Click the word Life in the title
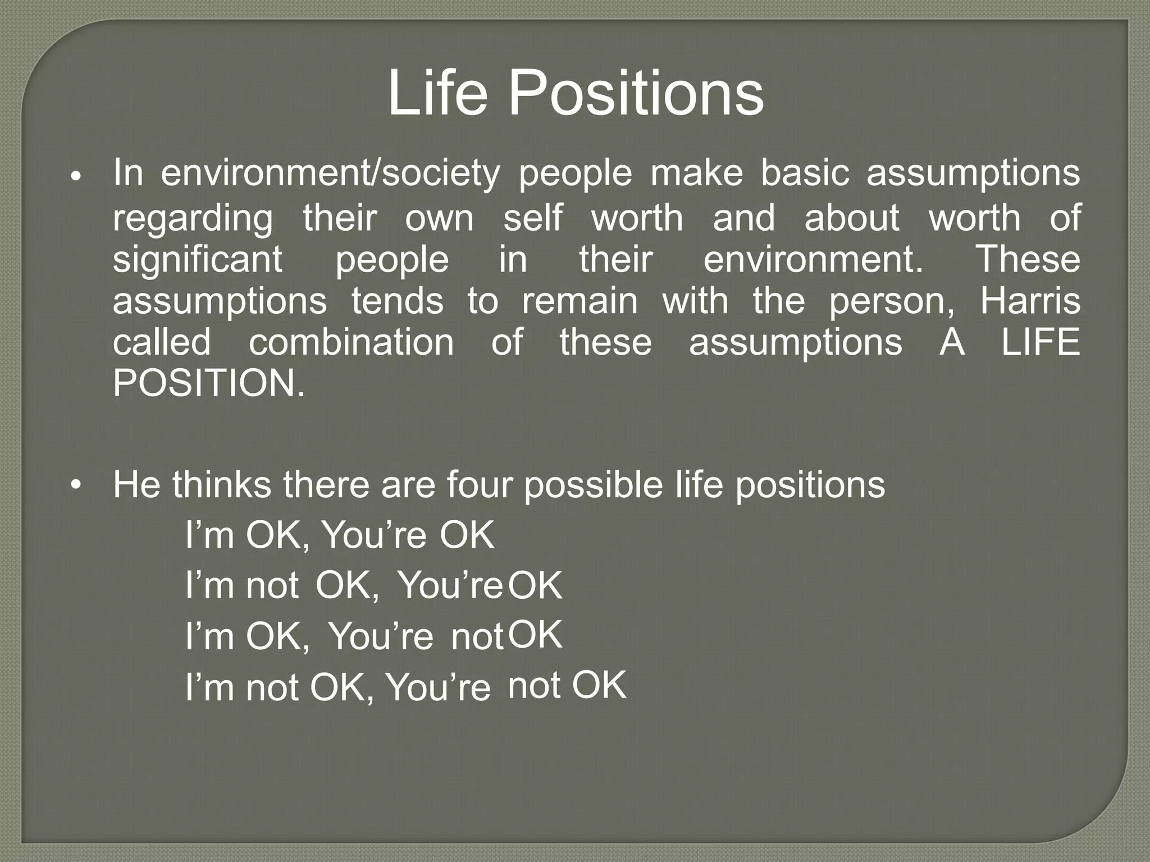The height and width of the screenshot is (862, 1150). [x=437, y=93]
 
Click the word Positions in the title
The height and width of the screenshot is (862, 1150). [x=636, y=93]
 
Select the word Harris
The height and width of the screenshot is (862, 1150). [x=1030, y=301]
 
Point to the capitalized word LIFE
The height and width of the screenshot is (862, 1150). [x=1041, y=342]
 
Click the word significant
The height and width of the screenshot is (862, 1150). [x=197, y=260]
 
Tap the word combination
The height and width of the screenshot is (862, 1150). [x=351, y=342]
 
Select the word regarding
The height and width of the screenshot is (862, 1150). [x=193, y=218]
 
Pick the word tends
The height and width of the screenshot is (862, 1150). [x=397, y=301]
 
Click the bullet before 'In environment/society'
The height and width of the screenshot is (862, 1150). [x=77, y=177]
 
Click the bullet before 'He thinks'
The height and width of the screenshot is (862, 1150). [x=77, y=484]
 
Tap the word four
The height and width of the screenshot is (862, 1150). [x=479, y=484]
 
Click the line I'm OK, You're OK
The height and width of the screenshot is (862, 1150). [x=340, y=535]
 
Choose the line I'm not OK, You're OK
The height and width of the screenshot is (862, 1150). [x=373, y=585]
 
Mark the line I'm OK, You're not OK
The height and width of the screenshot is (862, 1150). [x=373, y=636]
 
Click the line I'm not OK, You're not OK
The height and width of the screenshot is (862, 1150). [x=405, y=686]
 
